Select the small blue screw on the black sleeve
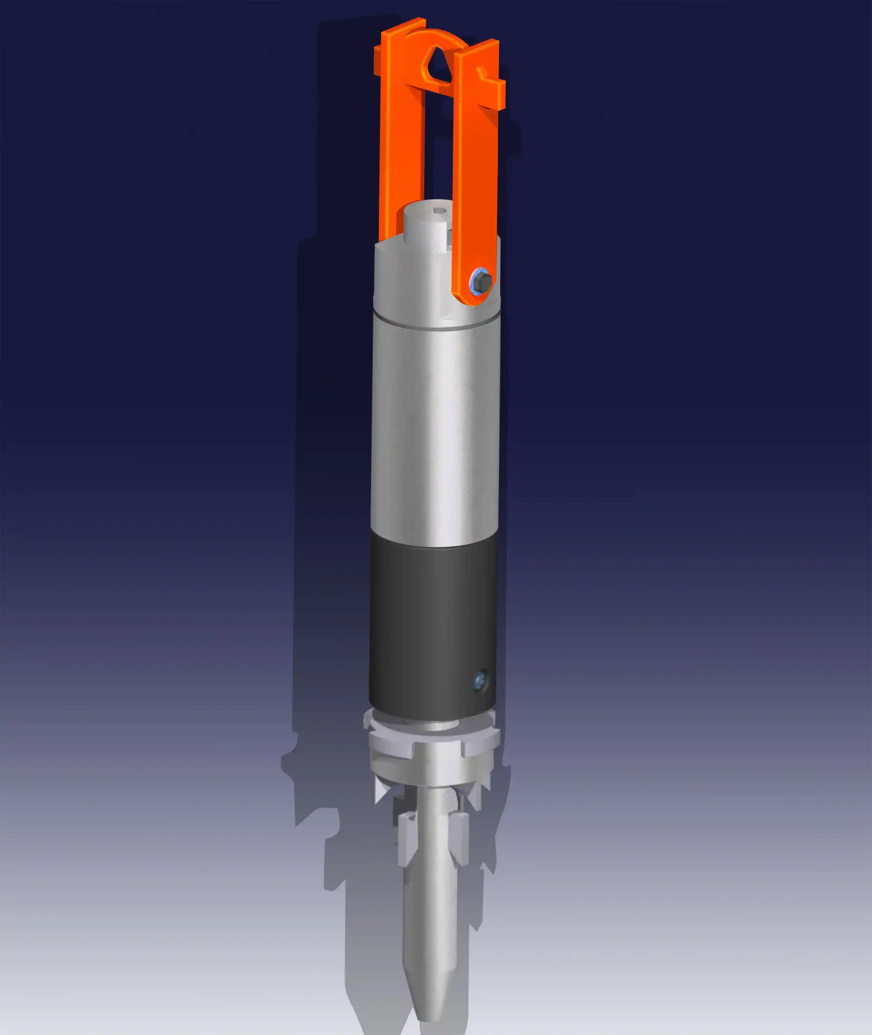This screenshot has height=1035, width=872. click(479, 682)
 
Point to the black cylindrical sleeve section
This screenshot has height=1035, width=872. click(433, 628)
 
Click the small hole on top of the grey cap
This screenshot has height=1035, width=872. click(439, 211)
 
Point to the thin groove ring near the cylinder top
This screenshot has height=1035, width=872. click(435, 325)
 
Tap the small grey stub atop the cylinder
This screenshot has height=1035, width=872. click(426, 225)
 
